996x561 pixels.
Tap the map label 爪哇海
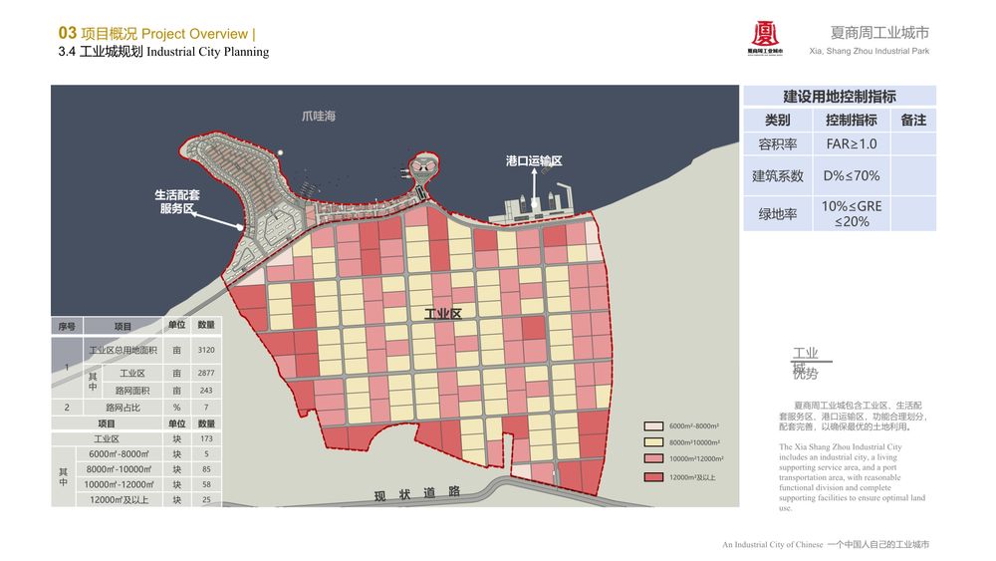click(319, 117)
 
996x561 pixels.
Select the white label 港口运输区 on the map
click(534, 160)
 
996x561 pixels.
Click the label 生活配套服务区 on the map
click(177, 201)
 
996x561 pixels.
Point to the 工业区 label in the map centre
click(443, 313)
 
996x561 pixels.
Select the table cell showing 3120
click(206, 350)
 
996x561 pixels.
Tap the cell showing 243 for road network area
click(206, 391)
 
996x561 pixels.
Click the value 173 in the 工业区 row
click(206, 438)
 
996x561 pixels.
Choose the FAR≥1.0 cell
click(852, 143)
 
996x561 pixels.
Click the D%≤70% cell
click(852, 176)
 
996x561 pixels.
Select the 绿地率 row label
click(777, 213)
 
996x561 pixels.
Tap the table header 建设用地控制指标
click(840, 97)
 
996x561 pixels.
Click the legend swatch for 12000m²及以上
click(653, 477)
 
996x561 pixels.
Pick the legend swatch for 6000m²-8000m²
click(653, 425)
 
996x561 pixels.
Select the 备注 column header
click(913, 120)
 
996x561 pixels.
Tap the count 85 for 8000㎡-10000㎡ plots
click(206, 469)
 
